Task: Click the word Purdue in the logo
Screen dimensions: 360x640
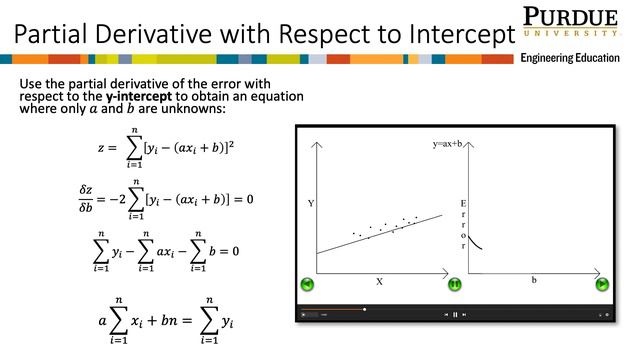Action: click(x=571, y=17)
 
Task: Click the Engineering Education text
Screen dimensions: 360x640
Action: click(x=570, y=59)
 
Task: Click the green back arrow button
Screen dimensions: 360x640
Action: click(x=309, y=283)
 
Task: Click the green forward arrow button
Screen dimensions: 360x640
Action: click(x=602, y=283)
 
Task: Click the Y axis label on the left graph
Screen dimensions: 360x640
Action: click(x=311, y=204)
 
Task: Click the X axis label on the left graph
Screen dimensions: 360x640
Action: click(x=379, y=282)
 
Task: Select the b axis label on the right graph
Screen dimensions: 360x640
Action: click(x=533, y=280)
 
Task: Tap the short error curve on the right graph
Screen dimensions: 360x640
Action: click(x=478, y=241)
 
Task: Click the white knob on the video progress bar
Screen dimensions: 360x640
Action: click(x=364, y=309)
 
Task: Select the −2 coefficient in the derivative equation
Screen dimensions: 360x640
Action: click(x=116, y=199)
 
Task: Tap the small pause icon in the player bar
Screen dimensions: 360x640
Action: click(x=455, y=315)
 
